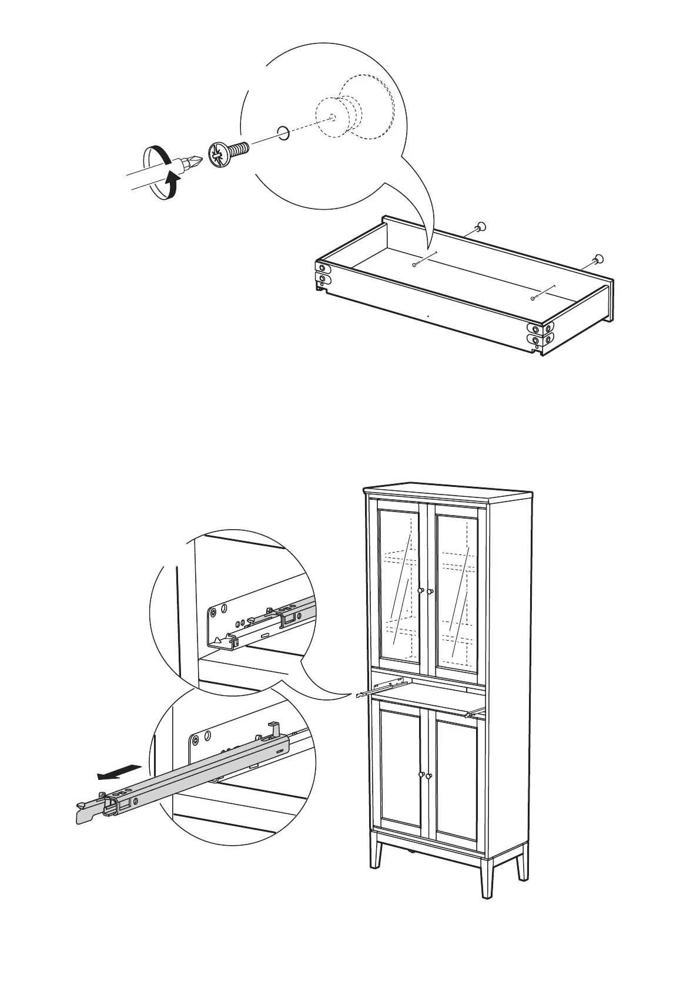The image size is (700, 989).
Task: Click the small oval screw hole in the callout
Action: pos(283,133)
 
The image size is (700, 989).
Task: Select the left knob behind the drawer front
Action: pos(481,226)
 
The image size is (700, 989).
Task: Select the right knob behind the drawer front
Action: pos(598,258)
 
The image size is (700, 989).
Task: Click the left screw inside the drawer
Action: pos(416,265)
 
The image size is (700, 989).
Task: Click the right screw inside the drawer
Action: pos(534,298)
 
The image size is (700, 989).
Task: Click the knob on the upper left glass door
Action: pos(421,590)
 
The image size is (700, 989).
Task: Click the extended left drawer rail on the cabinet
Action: pos(382,686)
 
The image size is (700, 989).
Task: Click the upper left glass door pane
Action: pos(400,587)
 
